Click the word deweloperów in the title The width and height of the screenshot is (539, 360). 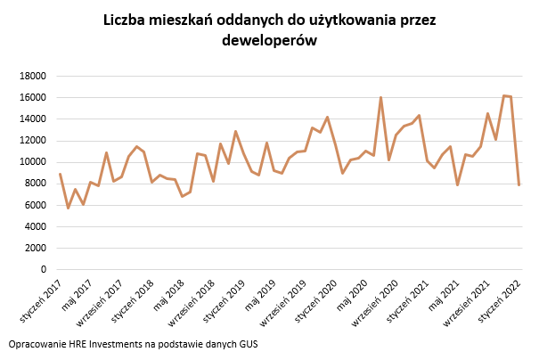click(x=270, y=42)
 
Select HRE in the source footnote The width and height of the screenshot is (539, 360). click(x=78, y=343)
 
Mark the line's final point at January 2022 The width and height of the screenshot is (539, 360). click(x=519, y=184)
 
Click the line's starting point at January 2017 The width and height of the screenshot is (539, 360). click(x=60, y=174)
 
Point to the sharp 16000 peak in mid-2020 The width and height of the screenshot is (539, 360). click(x=380, y=97)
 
